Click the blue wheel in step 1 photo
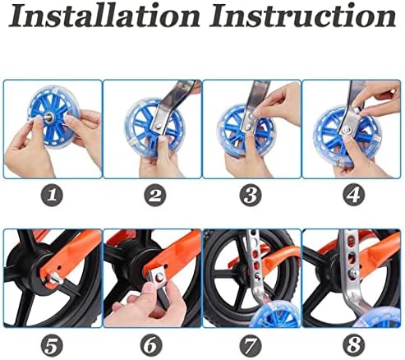point(58,123)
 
